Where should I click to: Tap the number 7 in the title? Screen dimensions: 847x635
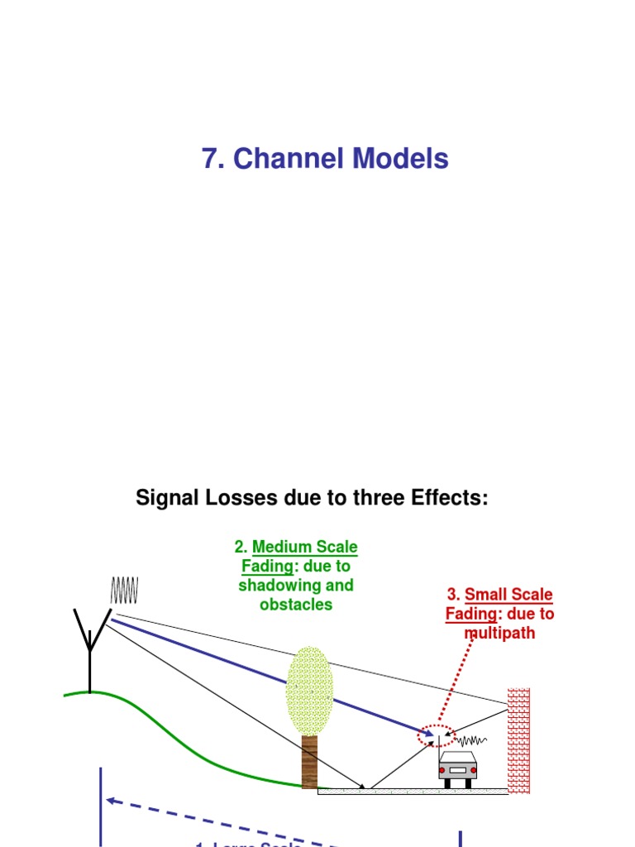click(x=212, y=159)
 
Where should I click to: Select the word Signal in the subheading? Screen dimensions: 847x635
click(x=165, y=499)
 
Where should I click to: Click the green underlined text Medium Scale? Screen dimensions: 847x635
click(x=304, y=547)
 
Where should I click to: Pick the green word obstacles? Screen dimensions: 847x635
click(x=296, y=604)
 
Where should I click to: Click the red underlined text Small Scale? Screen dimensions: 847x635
click(x=508, y=595)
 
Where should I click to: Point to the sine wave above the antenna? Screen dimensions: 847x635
click(x=125, y=591)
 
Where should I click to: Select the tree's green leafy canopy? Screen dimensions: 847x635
click(x=308, y=691)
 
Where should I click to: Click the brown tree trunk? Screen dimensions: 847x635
click(x=309, y=761)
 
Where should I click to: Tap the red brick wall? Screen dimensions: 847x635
click(x=518, y=740)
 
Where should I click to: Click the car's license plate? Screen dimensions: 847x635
click(x=457, y=770)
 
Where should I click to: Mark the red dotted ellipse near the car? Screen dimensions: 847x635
click(x=437, y=735)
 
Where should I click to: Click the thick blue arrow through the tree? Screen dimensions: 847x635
click(x=248, y=668)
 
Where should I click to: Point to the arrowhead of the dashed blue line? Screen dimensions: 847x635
click(x=111, y=801)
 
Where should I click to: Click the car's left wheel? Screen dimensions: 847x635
click(x=447, y=782)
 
